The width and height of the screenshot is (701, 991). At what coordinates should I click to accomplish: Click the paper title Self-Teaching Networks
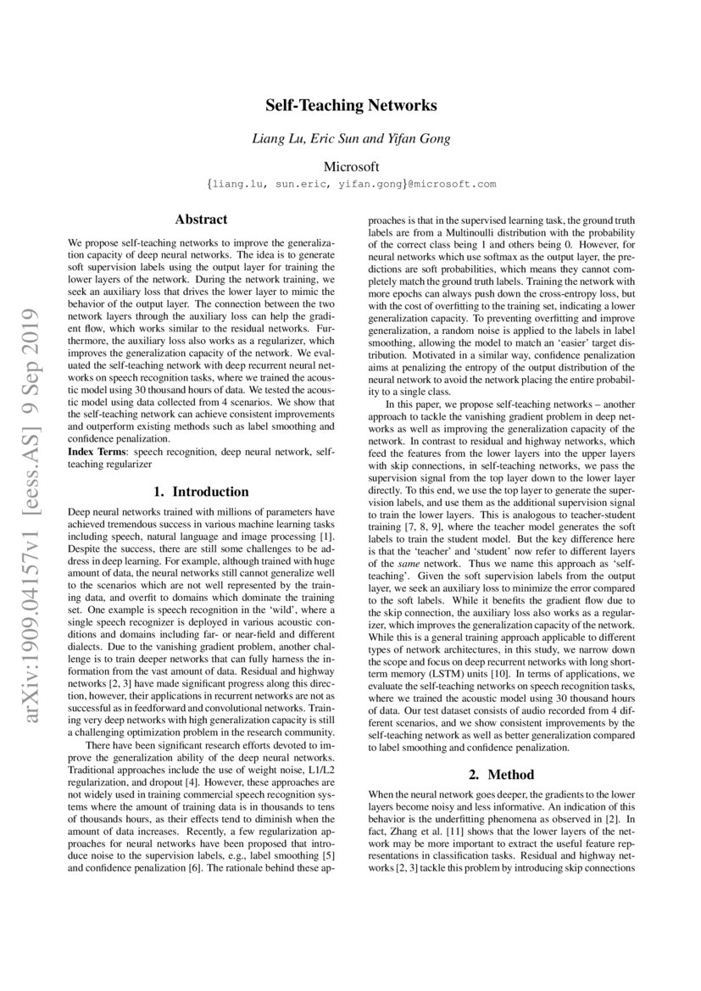(x=351, y=106)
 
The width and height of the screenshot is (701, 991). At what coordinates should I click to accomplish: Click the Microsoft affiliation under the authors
(x=351, y=166)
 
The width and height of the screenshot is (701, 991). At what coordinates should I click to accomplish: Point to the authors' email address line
(x=351, y=184)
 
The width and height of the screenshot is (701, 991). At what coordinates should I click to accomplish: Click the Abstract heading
(x=201, y=219)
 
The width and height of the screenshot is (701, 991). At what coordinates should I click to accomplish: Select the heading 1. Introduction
(x=201, y=492)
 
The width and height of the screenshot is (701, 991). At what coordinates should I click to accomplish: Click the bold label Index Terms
(x=96, y=454)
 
